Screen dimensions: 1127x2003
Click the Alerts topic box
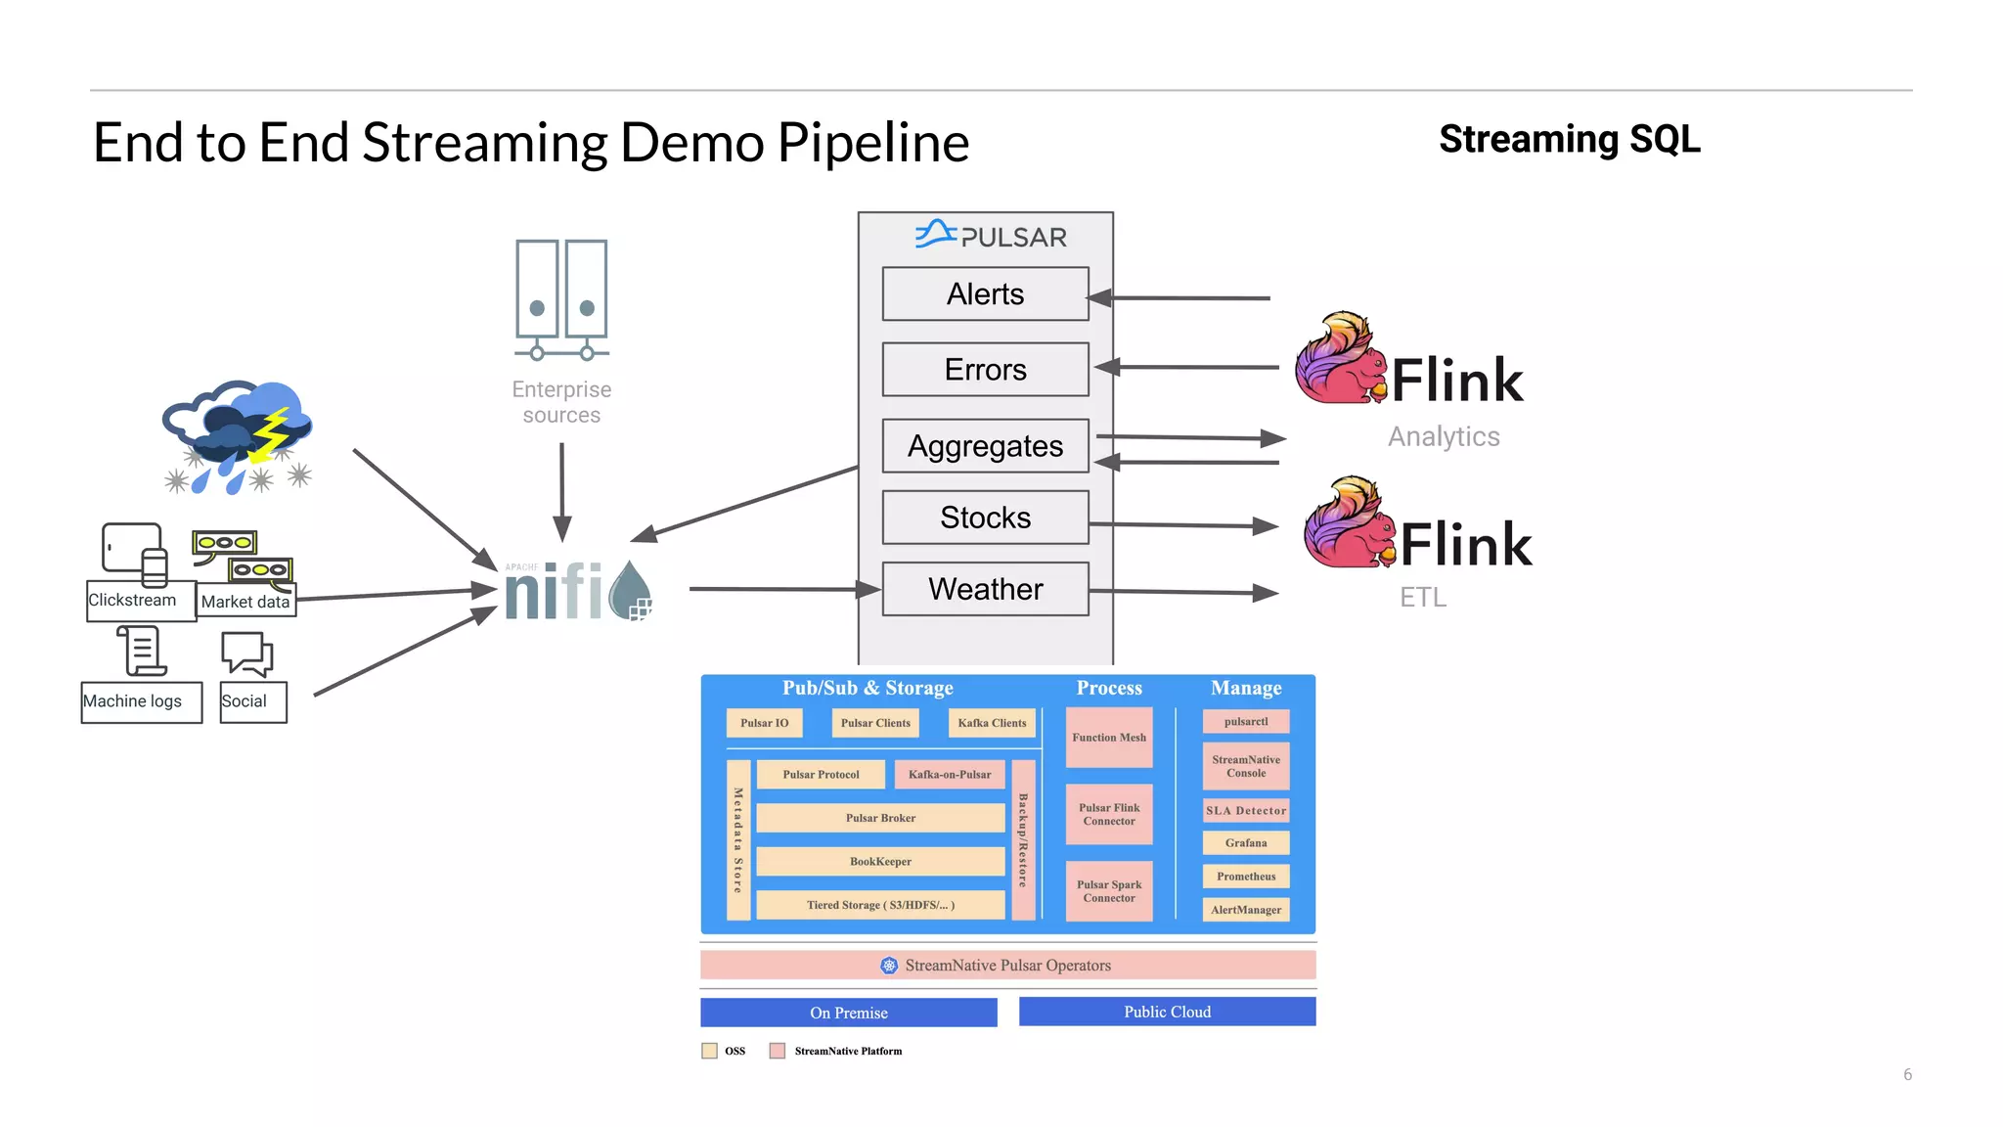[985, 293]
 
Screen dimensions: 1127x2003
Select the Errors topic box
[985, 370]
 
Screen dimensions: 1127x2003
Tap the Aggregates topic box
[985, 446]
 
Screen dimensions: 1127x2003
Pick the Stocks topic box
[985, 518]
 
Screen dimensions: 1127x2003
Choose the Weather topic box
[985, 589]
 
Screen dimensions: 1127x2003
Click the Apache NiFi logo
[577, 590]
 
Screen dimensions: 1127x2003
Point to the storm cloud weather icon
[239, 435]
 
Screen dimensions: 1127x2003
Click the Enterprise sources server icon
[561, 299]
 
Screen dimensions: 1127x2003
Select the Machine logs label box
[141, 701]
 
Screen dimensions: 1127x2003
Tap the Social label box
[252, 701]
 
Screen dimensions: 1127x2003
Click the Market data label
[245, 602]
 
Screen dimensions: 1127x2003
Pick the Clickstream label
[133, 600]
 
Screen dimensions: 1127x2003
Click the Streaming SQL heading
[1569, 139]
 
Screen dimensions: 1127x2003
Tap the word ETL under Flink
[1422, 597]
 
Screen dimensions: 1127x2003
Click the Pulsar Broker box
[880, 818]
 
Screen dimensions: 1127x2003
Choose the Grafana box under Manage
[1245, 842]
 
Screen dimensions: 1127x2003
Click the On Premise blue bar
[848, 1013]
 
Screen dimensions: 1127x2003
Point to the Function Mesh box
[1108, 738]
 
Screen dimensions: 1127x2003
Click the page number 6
[1906, 1074]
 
